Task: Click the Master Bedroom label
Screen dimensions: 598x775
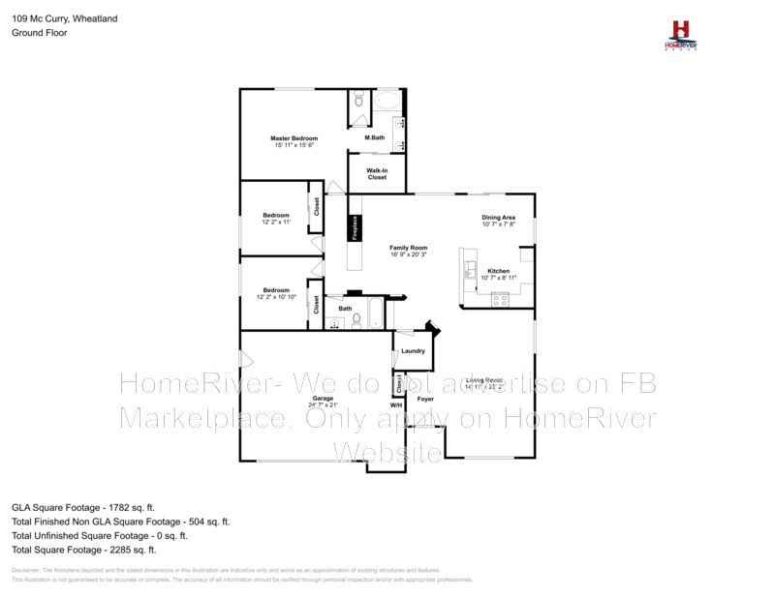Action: click(294, 138)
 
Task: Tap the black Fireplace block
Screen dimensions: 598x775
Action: click(356, 227)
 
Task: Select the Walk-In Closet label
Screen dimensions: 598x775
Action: click(377, 174)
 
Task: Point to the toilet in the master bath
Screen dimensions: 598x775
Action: click(358, 98)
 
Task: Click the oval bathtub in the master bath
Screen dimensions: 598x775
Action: click(387, 100)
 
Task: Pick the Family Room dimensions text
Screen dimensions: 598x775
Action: click(408, 254)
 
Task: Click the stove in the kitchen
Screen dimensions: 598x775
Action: click(500, 300)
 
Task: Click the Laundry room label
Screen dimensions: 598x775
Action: click(413, 350)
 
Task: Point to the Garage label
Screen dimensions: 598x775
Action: click(323, 398)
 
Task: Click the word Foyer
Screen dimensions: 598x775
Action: click(424, 398)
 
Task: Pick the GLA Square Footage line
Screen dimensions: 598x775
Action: click(82, 506)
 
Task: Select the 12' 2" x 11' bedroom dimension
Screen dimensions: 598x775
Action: click(276, 222)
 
